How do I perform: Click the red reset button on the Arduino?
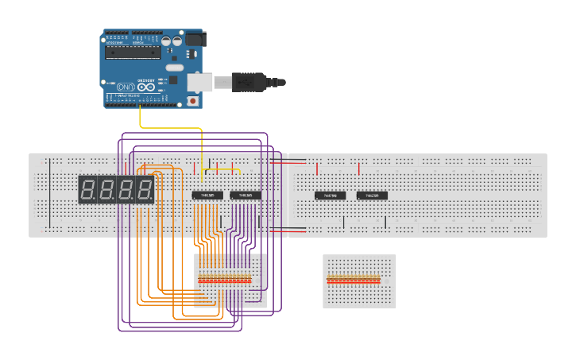point(192,101)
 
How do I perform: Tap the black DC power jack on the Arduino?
point(195,38)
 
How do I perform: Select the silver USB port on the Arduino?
point(199,81)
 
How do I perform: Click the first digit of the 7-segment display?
point(88,190)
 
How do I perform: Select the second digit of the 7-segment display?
point(107,190)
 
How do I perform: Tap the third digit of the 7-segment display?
point(126,190)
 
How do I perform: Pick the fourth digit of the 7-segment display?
point(145,190)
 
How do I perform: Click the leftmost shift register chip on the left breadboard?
point(207,195)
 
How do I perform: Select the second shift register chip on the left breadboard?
point(245,195)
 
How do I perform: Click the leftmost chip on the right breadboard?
point(330,195)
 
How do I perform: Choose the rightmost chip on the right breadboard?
point(372,195)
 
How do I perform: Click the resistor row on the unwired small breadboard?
point(354,279)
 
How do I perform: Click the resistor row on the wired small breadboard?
point(225,279)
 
